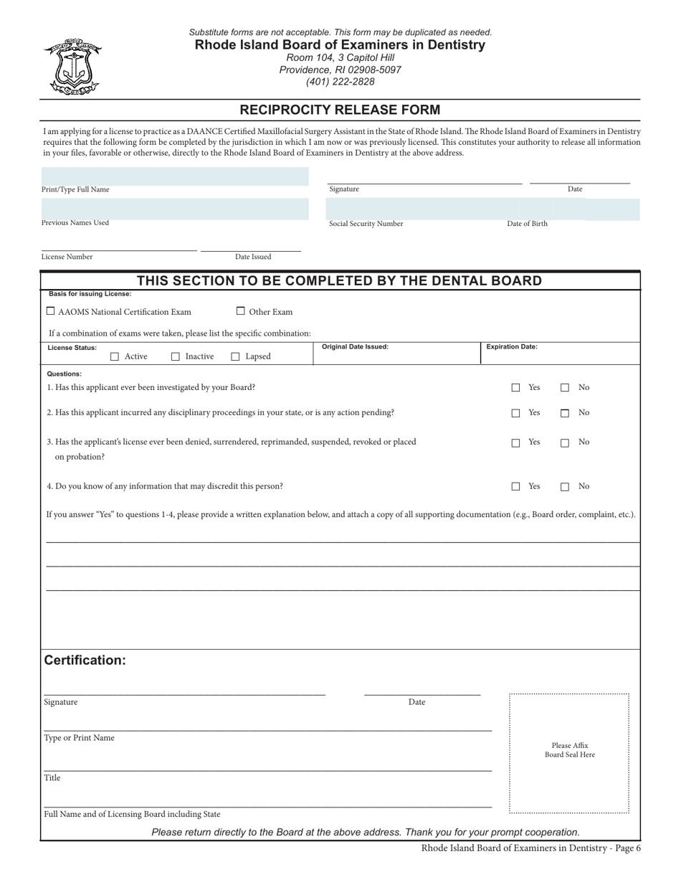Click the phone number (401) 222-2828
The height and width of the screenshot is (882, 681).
click(x=340, y=82)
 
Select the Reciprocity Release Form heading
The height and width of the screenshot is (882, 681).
click(x=340, y=110)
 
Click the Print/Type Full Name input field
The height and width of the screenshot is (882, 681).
click(x=175, y=176)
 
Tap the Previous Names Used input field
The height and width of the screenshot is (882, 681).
click(x=175, y=209)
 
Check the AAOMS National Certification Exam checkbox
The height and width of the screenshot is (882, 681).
click(x=50, y=311)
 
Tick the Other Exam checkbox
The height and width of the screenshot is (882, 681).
click(x=241, y=311)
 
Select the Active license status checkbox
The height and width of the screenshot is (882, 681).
click(x=115, y=356)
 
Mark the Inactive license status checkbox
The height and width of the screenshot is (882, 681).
click(x=176, y=356)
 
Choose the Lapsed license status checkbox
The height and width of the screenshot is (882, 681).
click(x=235, y=356)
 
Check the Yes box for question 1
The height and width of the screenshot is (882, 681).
click(x=515, y=388)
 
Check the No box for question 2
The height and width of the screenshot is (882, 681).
click(x=565, y=413)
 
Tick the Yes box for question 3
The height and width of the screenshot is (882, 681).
click(x=515, y=443)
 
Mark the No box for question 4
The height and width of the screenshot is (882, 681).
click(x=565, y=487)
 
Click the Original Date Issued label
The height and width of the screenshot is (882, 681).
click(x=355, y=346)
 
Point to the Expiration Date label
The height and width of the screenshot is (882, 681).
click(x=512, y=346)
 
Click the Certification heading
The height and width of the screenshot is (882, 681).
click(x=85, y=660)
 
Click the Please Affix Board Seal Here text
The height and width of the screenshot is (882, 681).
click(x=569, y=750)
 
